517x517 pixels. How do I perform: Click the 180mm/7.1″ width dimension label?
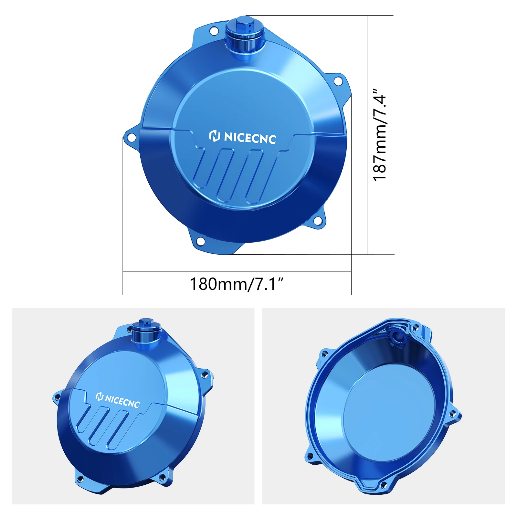pos(236,284)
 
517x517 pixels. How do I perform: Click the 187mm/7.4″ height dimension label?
pos(380,135)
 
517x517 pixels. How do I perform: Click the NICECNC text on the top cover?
pos(250,138)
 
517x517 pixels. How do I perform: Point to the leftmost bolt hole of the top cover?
pos(131,138)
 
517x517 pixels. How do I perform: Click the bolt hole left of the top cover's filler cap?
pos(214,31)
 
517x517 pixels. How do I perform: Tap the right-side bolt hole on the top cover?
pos(338,81)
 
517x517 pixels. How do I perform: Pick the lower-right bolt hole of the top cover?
pos(318,221)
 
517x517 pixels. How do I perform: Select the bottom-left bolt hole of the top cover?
pos(200,241)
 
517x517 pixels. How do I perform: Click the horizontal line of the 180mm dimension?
pos(237,271)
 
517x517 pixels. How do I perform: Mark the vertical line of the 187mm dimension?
pos(367,135)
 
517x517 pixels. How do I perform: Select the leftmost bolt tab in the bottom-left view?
pos(57,397)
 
